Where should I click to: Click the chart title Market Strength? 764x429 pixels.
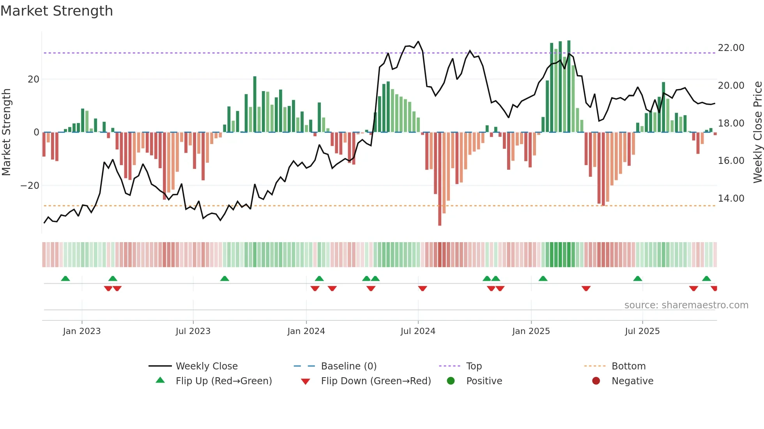click(57, 11)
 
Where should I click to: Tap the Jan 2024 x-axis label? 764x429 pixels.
click(306, 331)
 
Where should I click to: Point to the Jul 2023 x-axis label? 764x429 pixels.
click(193, 331)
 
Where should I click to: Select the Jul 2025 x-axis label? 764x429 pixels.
click(642, 331)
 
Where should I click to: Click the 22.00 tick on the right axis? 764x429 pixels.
click(731, 48)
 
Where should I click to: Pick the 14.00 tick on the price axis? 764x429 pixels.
click(731, 199)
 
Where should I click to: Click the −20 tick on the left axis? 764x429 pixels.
click(30, 186)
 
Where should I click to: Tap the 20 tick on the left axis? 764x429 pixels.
click(34, 79)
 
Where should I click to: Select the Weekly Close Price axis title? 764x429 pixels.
click(757, 132)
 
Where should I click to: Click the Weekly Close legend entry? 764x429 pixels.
click(206, 366)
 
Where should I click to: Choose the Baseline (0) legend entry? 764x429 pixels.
click(348, 366)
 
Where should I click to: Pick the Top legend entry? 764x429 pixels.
click(474, 366)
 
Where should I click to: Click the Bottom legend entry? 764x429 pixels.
click(628, 366)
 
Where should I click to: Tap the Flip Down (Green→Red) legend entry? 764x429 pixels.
click(375, 381)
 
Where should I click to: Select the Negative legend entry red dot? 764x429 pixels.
click(596, 381)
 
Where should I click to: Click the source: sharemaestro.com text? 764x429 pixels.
click(686, 305)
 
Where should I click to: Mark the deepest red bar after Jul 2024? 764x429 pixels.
click(440, 179)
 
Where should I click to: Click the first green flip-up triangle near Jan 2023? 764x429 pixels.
click(65, 279)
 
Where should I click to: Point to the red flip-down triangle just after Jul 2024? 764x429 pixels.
click(423, 288)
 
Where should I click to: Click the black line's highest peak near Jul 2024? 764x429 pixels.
click(418, 41)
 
